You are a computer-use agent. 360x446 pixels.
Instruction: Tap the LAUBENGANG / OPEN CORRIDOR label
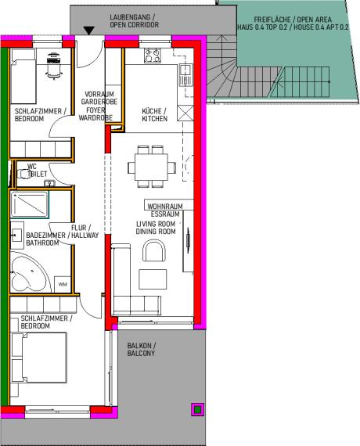[134, 20]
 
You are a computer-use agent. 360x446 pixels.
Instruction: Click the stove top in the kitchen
[151, 56]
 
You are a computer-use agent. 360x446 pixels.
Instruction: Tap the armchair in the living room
[155, 252]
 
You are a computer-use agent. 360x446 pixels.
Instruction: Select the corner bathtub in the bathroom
[29, 275]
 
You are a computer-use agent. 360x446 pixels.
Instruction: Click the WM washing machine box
[63, 283]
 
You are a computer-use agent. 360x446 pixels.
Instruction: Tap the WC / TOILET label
[36, 170]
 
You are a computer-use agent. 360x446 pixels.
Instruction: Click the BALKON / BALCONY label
[142, 350]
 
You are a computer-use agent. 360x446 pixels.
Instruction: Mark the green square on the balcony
[197, 408]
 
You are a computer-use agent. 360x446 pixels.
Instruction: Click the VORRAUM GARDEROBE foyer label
[95, 105]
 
